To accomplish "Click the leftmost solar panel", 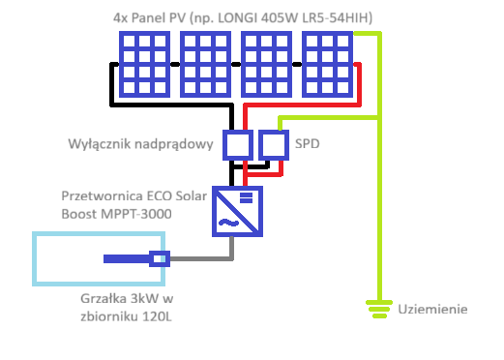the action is coord(144,64).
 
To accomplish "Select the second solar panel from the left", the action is coord(205,64).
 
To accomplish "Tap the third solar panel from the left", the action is coord(266,64).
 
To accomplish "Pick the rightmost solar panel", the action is coord(327,64).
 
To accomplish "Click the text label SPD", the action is coord(308,144).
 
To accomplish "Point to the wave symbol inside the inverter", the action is coord(228,223).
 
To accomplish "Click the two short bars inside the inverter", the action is coord(246,198).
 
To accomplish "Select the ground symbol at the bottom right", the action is coord(379,309).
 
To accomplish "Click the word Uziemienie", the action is coord(432,309).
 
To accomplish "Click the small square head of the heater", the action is coord(160,258).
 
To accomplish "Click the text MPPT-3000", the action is coord(136,214).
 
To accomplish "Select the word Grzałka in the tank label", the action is coord(104,299).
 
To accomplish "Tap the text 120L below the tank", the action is coord(157,316).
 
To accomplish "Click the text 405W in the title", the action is coord(280,17).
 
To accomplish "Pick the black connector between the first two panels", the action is coord(175,64).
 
